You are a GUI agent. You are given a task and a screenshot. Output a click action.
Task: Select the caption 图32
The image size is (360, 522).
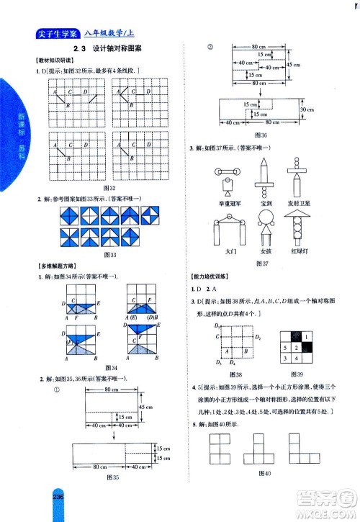(x=110, y=188)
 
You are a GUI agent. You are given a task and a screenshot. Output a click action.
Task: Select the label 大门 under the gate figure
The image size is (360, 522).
(x=230, y=252)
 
